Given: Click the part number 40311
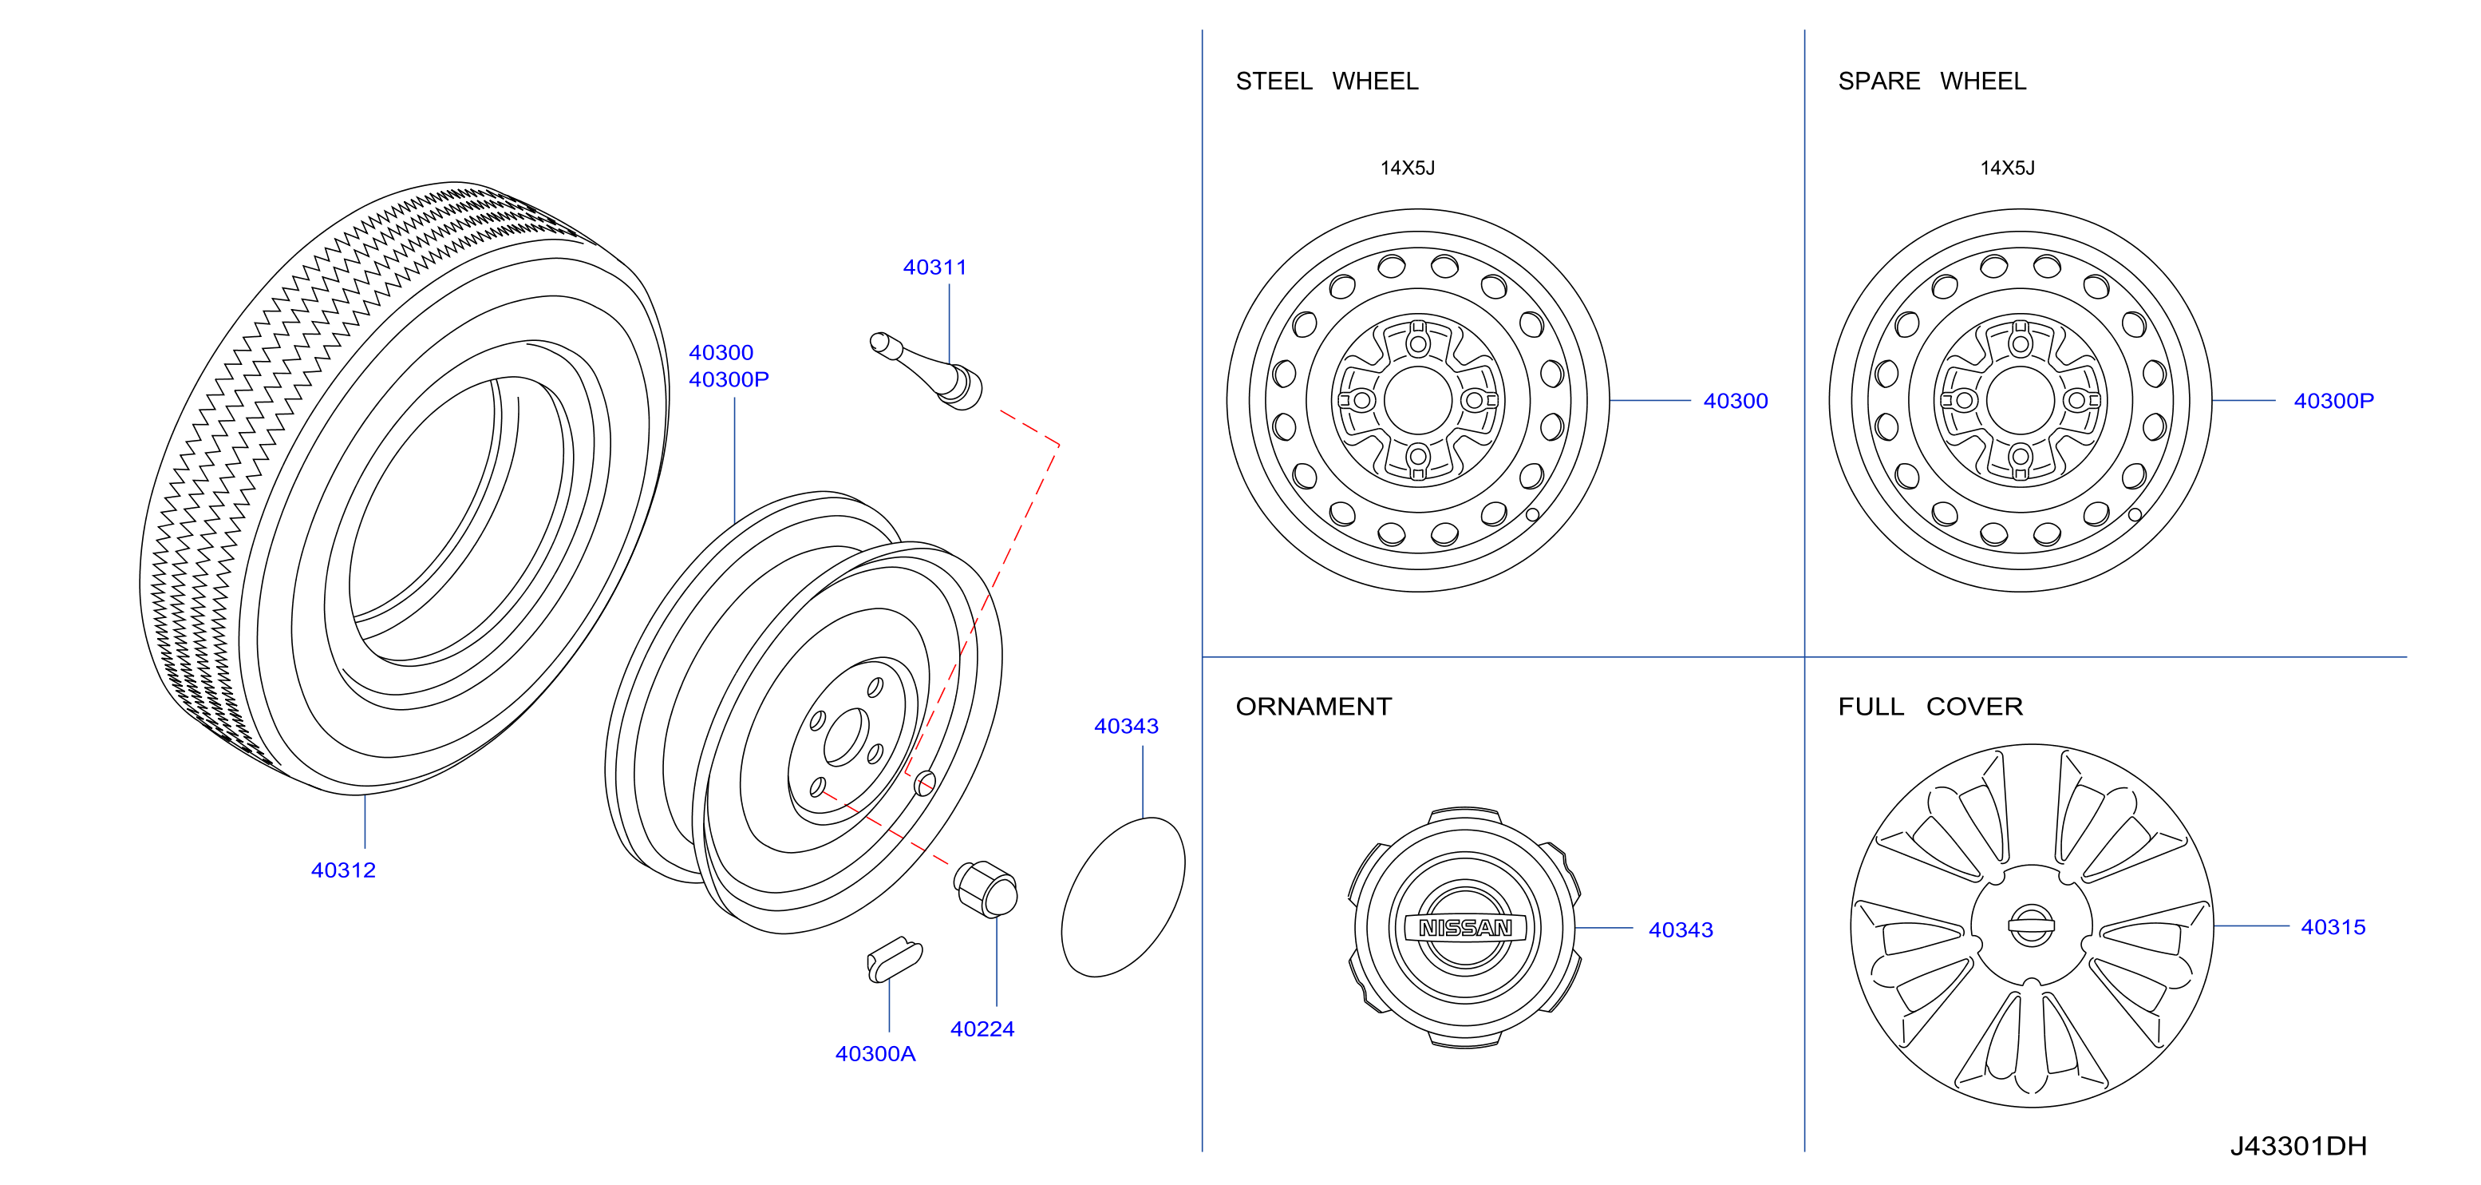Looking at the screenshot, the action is point(934,267).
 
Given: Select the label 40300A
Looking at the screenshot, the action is point(875,1054).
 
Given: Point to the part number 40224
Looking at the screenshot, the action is point(982,1029).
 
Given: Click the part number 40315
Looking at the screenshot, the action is point(2333,927).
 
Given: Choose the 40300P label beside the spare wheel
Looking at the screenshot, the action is point(2333,401).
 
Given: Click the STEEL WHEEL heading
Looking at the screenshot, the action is point(1326,81).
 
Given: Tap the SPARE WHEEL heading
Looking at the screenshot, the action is point(1931,81).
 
